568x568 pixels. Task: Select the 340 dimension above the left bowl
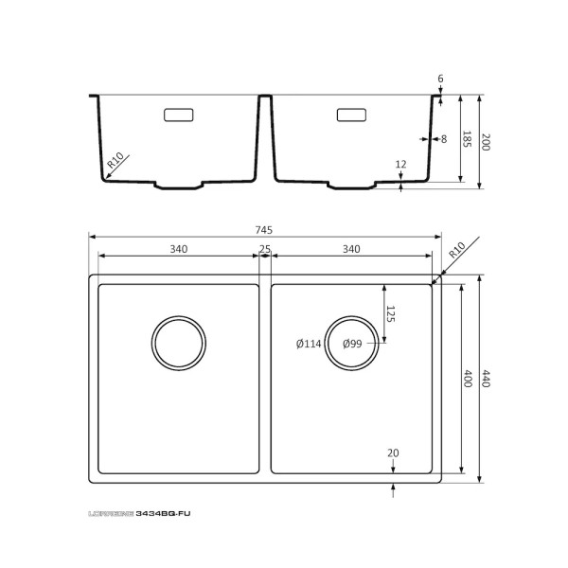coord(178,249)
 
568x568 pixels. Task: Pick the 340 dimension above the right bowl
coord(350,249)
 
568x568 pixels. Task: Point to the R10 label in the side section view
coord(115,162)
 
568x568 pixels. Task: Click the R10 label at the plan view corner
coord(456,250)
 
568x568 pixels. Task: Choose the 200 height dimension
coord(487,143)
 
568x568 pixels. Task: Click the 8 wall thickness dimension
coord(443,139)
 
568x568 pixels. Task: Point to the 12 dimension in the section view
coord(400,164)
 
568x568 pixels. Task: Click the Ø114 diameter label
coord(309,344)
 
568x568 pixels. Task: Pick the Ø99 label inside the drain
coord(351,344)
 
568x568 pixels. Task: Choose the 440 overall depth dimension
coord(487,379)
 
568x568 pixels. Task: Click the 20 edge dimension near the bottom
coord(394,453)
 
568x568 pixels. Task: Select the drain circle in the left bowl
coord(178,341)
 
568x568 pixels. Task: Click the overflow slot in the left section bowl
coord(178,115)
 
